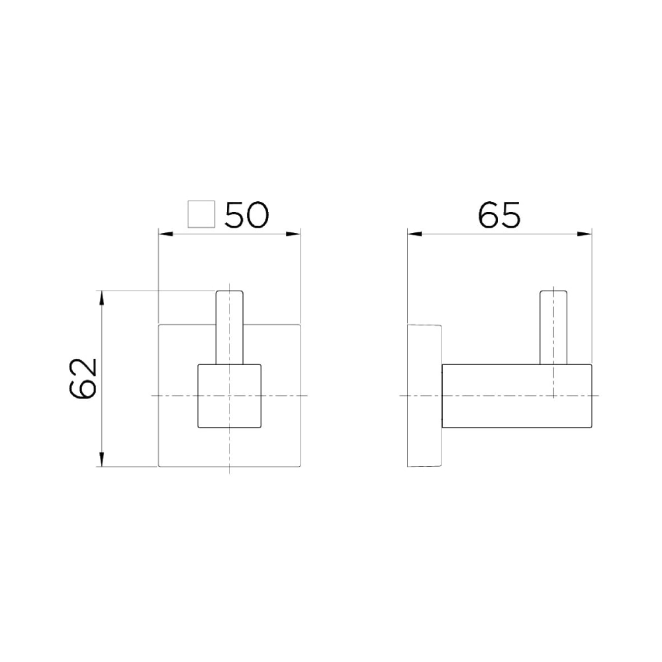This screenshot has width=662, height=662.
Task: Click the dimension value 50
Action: [246, 215]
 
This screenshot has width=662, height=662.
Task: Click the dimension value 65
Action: [500, 215]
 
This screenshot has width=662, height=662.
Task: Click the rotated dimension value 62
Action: [84, 379]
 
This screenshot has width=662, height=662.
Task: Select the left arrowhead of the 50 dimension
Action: [162, 233]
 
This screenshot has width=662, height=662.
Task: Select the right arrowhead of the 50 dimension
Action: [297, 233]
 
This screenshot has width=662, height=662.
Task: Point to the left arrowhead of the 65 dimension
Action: [412, 233]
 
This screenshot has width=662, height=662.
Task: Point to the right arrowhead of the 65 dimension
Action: [587, 233]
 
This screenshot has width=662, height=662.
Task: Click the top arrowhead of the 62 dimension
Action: [101, 295]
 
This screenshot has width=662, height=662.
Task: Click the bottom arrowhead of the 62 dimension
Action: [101, 461]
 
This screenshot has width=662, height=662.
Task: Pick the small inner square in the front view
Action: [230, 395]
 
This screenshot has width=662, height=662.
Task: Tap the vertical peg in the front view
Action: [230, 328]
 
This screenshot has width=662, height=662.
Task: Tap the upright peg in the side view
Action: [553, 328]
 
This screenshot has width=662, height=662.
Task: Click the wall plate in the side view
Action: [424, 395]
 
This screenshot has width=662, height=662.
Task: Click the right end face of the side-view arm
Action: [590, 395]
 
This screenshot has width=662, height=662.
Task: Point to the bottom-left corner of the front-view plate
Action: [158, 466]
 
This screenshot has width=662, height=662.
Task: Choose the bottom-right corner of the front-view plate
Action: [301, 466]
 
